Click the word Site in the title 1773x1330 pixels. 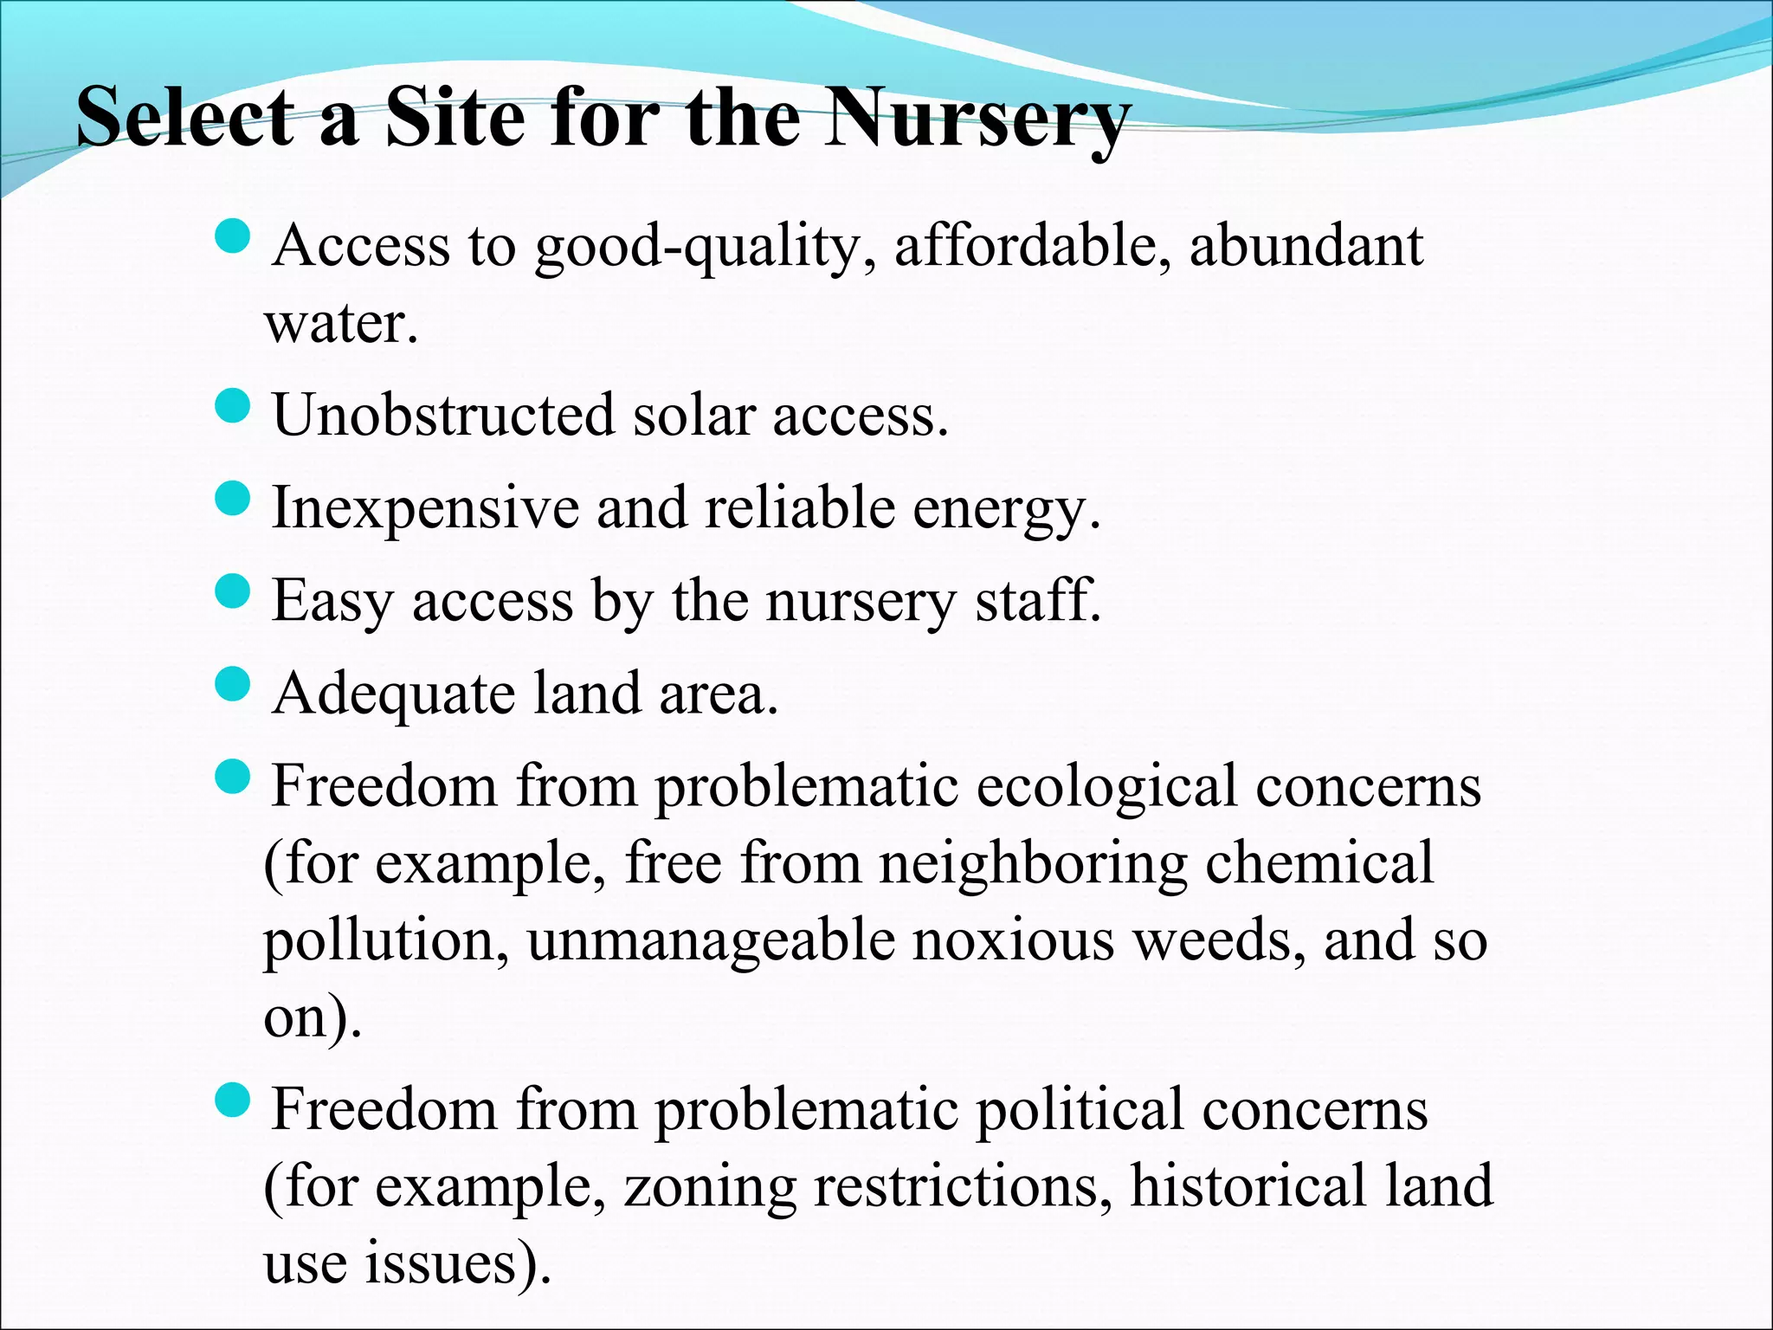click(x=454, y=118)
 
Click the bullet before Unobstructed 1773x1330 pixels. click(x=231, y=405)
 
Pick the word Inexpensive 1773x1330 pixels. click(x=424, y=508)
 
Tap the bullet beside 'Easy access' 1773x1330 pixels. click(x=231, y=592)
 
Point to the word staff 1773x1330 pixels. click(x=1038, y=601)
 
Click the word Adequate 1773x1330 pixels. click(x=393, y=694)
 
